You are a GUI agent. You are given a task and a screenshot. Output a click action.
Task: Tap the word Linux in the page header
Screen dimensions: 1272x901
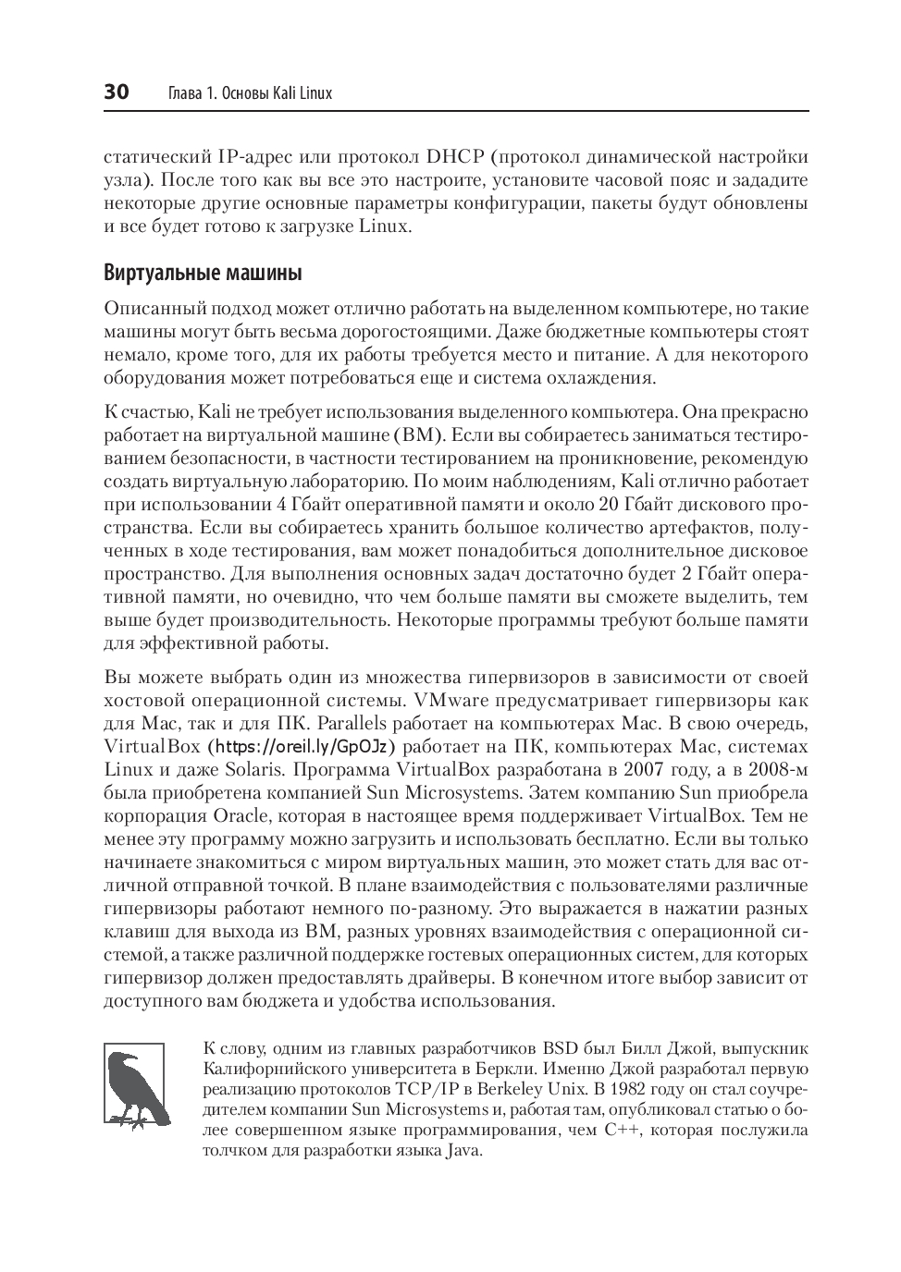[315, 93]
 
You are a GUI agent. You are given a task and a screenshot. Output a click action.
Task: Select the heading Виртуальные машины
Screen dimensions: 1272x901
[203, 274]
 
